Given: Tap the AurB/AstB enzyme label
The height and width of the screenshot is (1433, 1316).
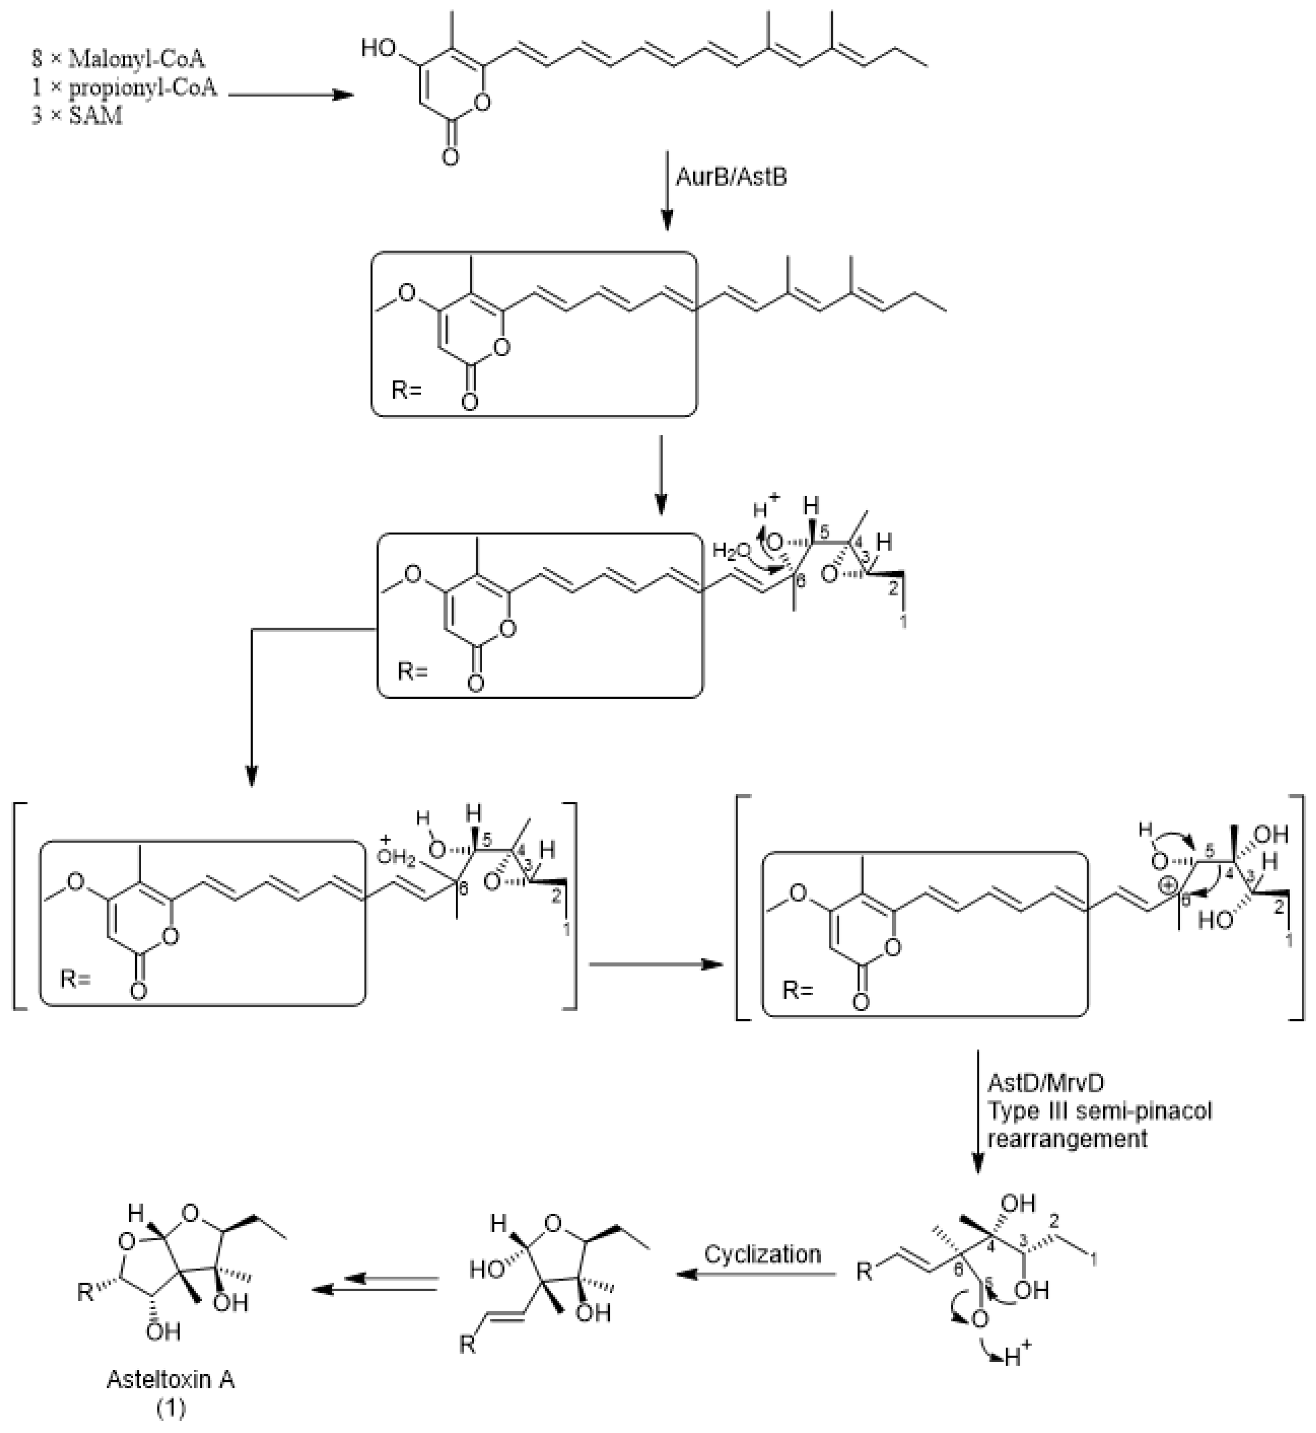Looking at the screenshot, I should pyautogui.click(x=732, y=176).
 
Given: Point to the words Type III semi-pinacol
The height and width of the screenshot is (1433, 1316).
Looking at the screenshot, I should pyautogui.click(x=1099, y=1110).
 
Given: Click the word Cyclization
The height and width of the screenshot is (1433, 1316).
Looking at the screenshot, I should pyautogui.click(x=763, y=1254).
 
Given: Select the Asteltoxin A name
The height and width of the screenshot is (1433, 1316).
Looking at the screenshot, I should pyautogui.click(x=170, y=1380).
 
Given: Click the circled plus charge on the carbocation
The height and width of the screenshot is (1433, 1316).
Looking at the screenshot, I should pyautogui.click(x=1167, y=885).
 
